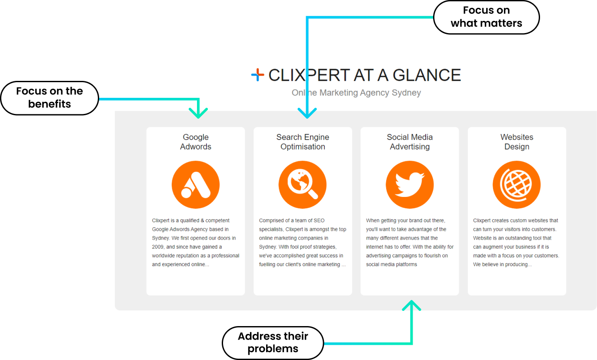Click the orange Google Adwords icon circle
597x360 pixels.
pos(196,185)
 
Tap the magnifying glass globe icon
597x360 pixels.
pos(303,185)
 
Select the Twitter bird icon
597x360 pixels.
pos(410,185)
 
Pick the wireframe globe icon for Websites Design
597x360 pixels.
pos(517,185)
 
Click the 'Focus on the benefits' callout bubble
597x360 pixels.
pos(50,98)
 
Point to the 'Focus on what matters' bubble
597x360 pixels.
pos(486,17)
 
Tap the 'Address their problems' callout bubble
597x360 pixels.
pos(273,343)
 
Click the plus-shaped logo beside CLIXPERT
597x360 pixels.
pos(257,75)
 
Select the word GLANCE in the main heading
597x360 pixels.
pos(427,75)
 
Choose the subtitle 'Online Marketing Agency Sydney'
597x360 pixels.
pos(356,93)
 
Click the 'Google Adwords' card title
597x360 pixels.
pos(196,142)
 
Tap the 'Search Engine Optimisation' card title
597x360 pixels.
pos(303,142)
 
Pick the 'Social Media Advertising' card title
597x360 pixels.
pos(410,142)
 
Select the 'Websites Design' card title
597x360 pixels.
pos(517,142)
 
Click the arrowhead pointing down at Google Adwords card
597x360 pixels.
pos(198,113)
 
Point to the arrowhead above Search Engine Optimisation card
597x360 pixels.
pos(307,113)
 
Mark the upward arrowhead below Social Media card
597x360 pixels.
pos(411,305)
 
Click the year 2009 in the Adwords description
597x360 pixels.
pos(158,247)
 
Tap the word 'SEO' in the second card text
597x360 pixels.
pos(319,220)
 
